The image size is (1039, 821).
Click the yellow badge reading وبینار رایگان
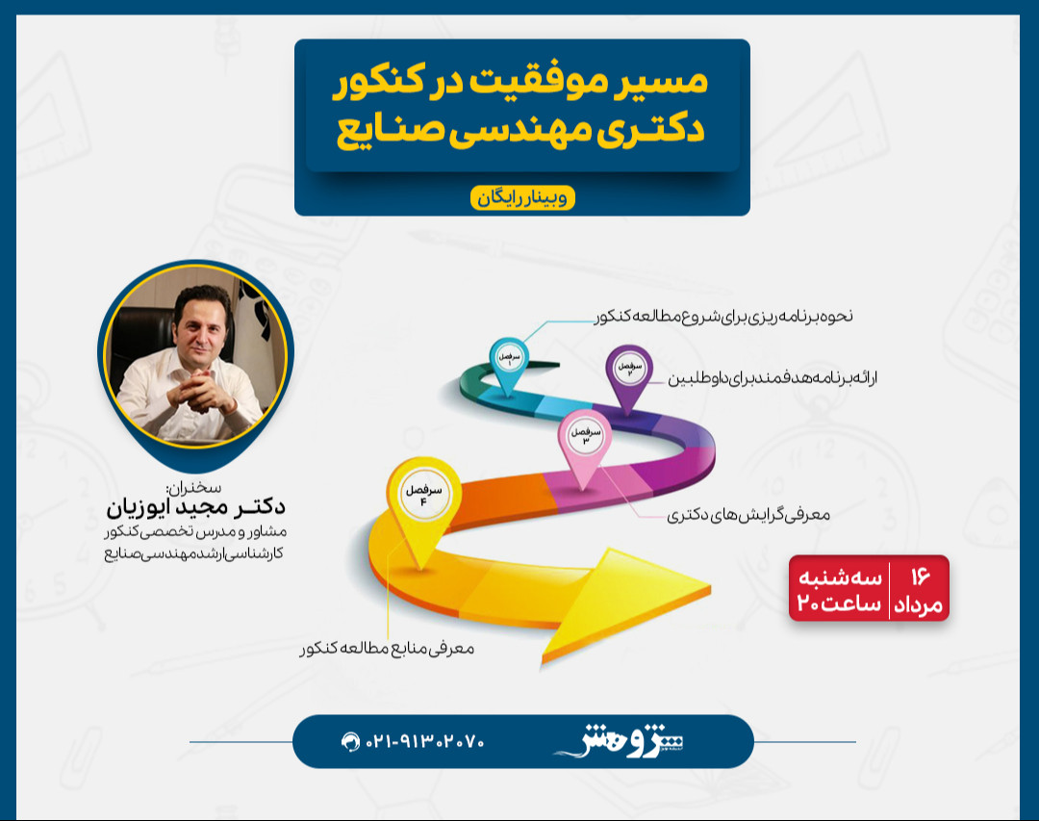tap(522, 198)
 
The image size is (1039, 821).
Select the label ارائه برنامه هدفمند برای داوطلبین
tap(773, 377)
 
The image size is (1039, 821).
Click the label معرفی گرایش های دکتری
tap(748, 515)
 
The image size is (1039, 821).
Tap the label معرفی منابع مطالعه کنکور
tap(388, 649)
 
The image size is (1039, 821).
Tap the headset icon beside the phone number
tap(350, 742)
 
